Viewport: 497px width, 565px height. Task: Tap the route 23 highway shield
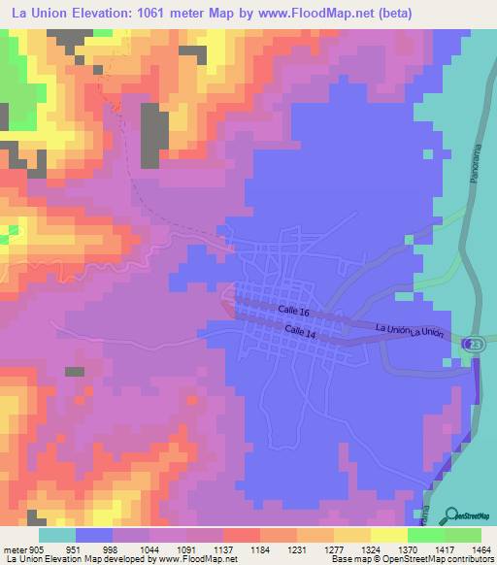[472, 345]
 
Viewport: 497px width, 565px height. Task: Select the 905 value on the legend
[37, 549]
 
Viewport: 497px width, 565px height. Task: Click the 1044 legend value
[150, 549]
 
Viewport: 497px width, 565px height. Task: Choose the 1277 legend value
[335, 549]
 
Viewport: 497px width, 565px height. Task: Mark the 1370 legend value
[409, 549]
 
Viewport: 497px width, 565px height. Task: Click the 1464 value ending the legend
[482, 549]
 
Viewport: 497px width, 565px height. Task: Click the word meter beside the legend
[14, 549]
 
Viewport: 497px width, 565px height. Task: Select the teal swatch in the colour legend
[56, 535]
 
